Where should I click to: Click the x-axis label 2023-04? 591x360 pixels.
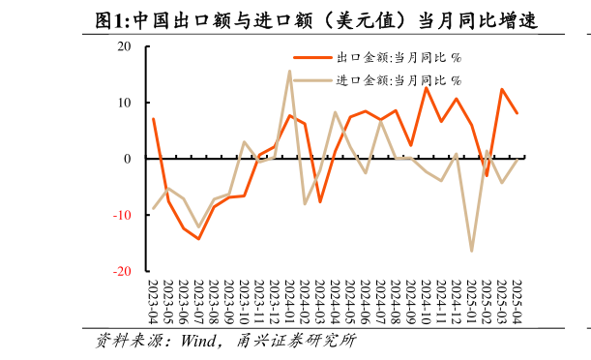pyautogui.click(x=153, y=301)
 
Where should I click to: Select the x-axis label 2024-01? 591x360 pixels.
pyautogui.click(x=289, y=301)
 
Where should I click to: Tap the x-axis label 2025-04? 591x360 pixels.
pyautogui.click(x=517, y=301)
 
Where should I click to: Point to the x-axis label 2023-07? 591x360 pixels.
pyautogui.click(x=198, y=301)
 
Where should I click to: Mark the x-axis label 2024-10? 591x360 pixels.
pyautogui.click(x=426, y=301)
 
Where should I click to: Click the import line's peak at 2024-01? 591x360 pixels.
pyautogui.click(x=289, y=71)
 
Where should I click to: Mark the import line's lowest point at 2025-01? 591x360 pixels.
pyautogui.click(x=471, y=252)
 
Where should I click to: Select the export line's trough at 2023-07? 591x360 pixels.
pyautogui.click(x=198, y=238)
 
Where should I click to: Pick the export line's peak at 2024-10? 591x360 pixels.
pyautogui.click(x=426, y=87)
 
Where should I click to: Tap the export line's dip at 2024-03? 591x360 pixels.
pyautogui.click(x=320, y=201)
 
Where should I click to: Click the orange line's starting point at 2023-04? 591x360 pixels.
pyautogui.click(x=153, y=118)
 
